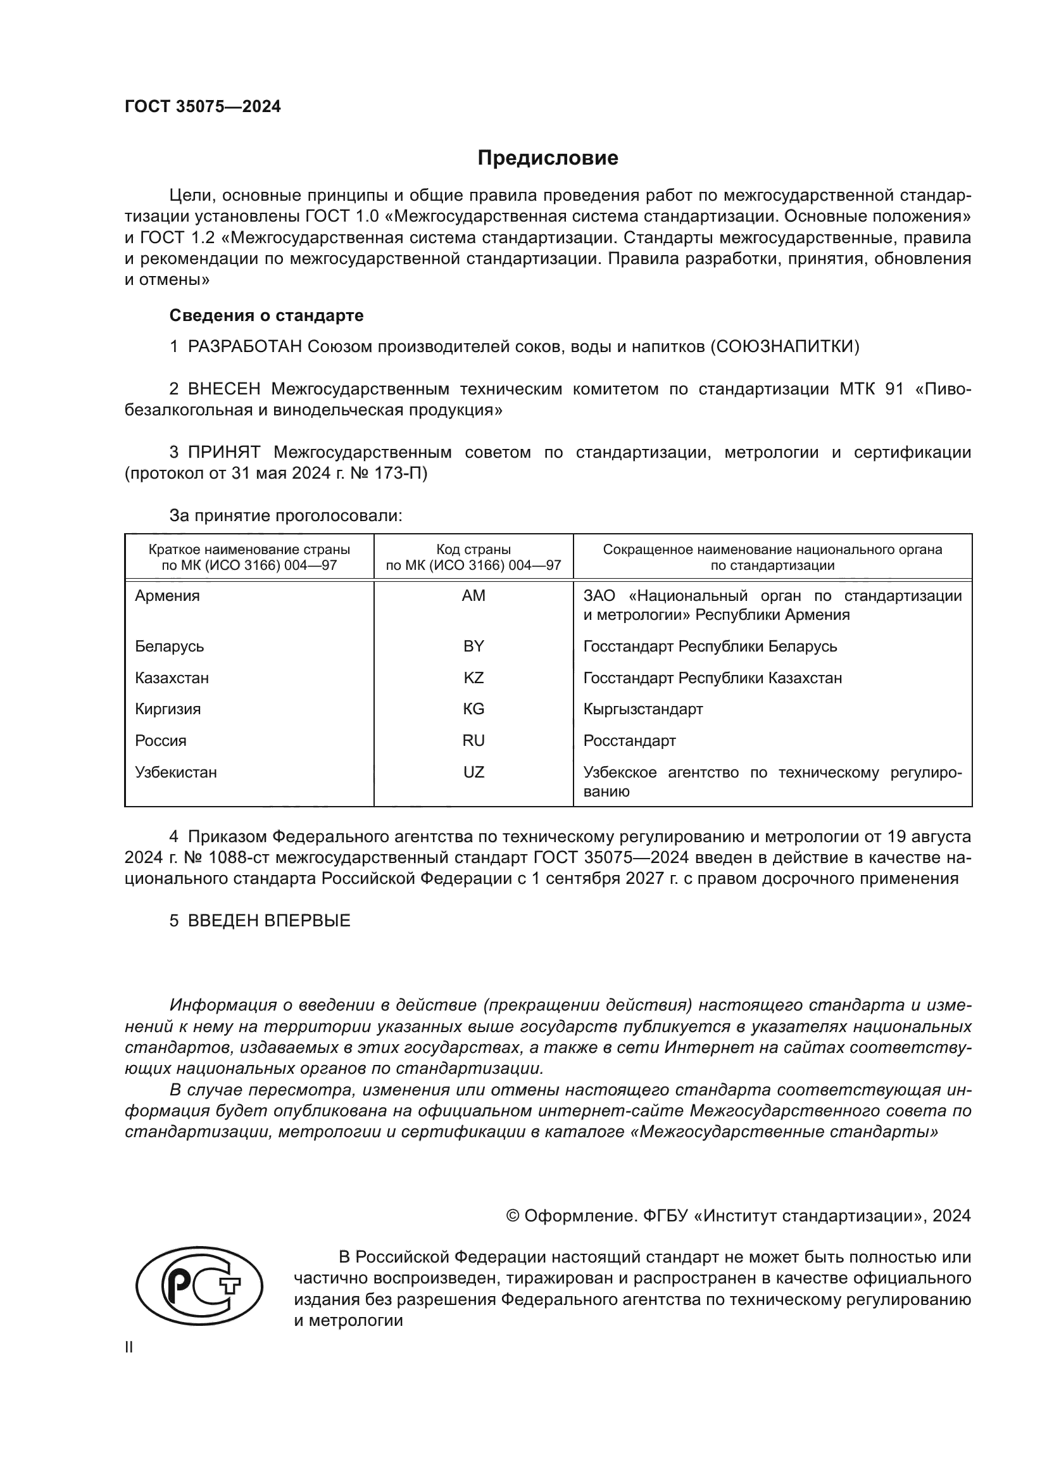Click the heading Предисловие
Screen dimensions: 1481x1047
[548, 158]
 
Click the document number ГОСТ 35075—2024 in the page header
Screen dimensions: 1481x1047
[203, 107]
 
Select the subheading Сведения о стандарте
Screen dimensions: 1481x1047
[266, 315]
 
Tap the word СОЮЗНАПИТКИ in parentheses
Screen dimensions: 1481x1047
[784, 347]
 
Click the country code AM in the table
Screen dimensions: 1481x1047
[473, 596]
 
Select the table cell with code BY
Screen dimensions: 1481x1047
[473, 646]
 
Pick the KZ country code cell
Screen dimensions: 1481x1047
[473, 678]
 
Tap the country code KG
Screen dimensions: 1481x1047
[473, 709]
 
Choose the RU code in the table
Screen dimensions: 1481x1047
[473, 741]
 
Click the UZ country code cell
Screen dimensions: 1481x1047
[473, 772]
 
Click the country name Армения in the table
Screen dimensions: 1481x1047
[167, 596]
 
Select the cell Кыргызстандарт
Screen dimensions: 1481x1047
[643, 709]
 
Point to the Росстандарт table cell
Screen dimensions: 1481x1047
[629, 741]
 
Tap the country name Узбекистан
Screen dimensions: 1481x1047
[175, 772]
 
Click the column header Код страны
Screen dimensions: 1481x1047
[473, 550]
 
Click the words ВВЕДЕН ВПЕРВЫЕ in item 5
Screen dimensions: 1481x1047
[269, 921]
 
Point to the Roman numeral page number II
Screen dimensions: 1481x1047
[129, 1347]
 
